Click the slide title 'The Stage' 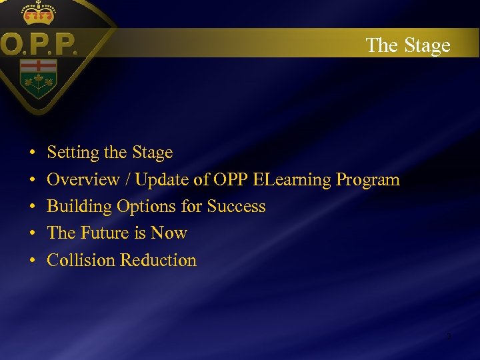tap(408, 45)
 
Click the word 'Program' tap(368, 180)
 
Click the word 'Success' tap(236, 207)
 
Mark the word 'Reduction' tap(159, 260)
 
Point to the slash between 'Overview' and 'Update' tap(127, 180)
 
